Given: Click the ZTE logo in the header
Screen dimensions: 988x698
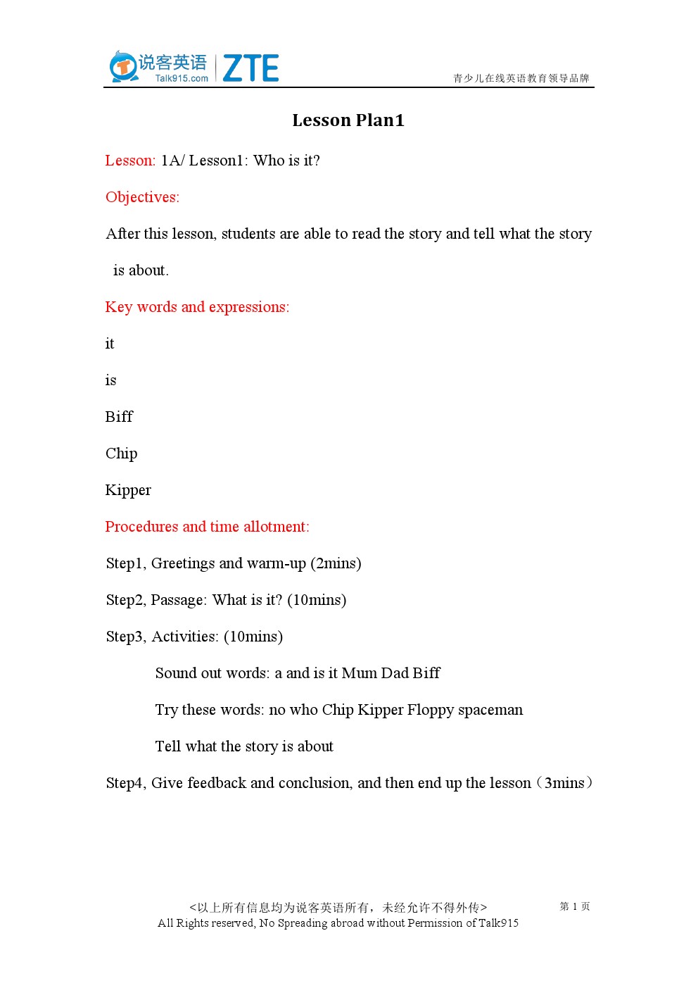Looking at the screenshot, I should pos(250,68).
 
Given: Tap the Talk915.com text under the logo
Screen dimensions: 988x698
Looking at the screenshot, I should pos(182,78).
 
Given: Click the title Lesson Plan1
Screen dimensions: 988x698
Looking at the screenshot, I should pos(348,120).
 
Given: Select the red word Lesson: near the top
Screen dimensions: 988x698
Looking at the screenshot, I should pos(130,161).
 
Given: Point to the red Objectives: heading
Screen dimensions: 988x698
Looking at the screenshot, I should pos(142,197).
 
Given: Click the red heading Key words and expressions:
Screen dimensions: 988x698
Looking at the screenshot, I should pos(197,307).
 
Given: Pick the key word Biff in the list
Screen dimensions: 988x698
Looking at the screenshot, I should pos(119,417).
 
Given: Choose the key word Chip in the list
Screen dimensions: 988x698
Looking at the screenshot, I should pos(121,454).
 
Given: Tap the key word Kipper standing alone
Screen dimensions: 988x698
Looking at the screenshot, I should pos(128,490).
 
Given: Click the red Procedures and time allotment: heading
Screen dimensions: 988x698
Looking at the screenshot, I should pos(207,527).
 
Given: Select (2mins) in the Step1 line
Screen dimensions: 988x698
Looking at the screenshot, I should pos(336,563).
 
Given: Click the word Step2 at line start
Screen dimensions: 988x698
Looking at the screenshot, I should pos(125,600).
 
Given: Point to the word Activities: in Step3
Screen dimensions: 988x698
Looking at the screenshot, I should pos(185,637).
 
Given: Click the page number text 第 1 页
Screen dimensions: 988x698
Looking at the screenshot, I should pos(574,906).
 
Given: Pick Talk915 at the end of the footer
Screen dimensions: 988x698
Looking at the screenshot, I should pos(498,923).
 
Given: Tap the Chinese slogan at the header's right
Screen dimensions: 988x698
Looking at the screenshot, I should pos(521,78).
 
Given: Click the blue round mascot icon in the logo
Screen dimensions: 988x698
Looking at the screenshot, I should pos(123,67).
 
